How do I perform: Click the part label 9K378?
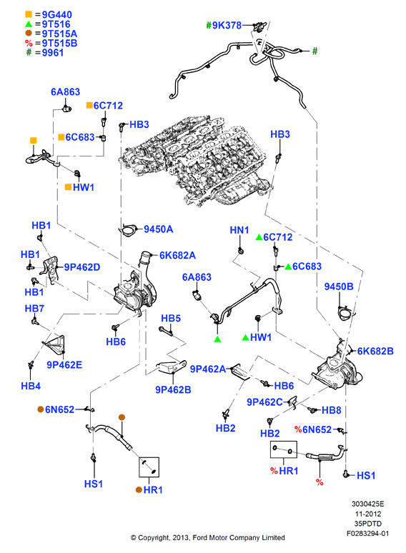tap(227, 26)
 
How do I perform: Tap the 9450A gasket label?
tap(159, 229)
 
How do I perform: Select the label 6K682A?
tap(177, 255)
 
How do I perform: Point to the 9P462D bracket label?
tap(82, 267)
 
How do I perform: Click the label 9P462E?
tap(64, 364)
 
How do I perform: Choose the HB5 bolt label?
tap(171, 319)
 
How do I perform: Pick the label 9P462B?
tap(173, 389)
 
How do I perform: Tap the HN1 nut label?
tap(239, 230)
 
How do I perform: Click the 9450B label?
tap(339, 287)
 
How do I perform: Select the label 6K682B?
tap(375, 352)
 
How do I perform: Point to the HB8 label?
tap(331, 410)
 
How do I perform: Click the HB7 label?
tap(34, 309)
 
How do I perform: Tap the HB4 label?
tap(31, 386)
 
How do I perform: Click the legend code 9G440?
tap(57, 15)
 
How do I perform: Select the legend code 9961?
tap(53, 53)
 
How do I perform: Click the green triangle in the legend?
tap(29, 24)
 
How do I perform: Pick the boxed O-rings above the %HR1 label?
tap(284, 449)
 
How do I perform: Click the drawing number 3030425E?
tap(368, 504)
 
